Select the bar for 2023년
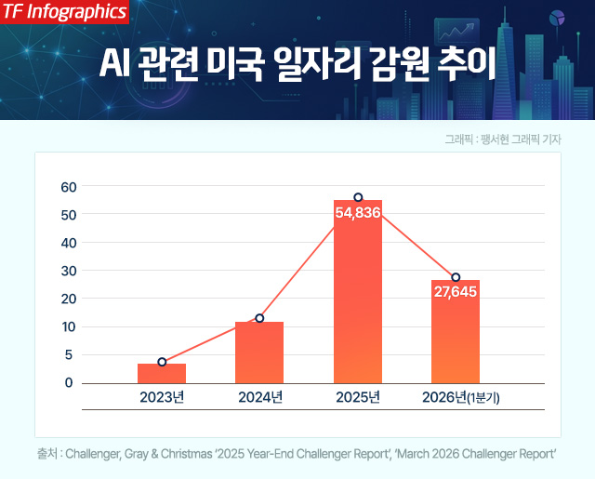coord(162,373)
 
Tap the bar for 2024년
coord(259,353)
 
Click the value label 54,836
coord(358,213)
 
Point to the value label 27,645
coord(456,293)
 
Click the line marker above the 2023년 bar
coord(162,362)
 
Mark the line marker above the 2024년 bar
coord(259,318)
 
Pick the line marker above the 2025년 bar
coord(358,197)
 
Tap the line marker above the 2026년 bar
coord(456,277)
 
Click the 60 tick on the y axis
coord(68,186)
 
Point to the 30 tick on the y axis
coord(68,270)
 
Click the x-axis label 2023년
coord(162,397)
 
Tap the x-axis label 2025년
coord(358,397)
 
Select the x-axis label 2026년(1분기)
coord(461,397)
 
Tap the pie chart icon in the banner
coord(560,20)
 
